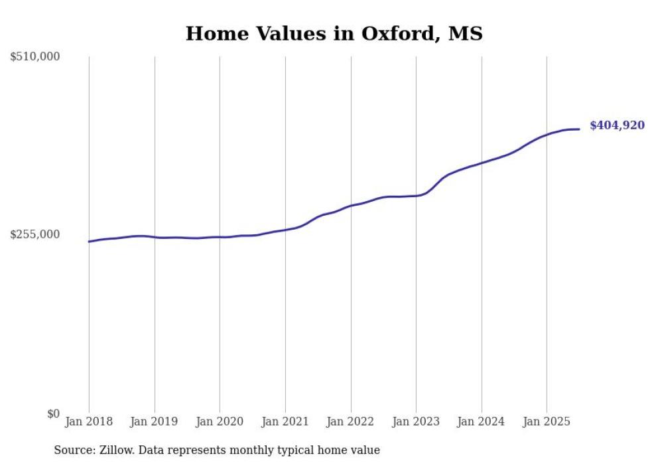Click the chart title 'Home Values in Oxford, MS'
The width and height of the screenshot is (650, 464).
(334, 33)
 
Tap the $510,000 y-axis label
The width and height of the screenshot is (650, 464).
(35, 57)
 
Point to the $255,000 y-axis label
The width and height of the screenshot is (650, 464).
(35, 234)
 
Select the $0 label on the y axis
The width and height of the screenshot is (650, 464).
(53, 414)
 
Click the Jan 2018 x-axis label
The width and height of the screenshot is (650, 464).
(89, 422)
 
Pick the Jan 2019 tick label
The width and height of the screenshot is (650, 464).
(154, 422)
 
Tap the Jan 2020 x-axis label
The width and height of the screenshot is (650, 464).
(220, 422)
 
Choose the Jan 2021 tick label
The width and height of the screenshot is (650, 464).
(285, 422)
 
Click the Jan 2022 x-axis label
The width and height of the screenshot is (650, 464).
(350, 422)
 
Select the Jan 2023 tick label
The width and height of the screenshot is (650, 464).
(416, 422)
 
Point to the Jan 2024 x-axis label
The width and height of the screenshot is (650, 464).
(482, 422)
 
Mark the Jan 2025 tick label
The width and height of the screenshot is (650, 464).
(547, 422)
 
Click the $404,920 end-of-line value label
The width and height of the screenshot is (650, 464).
(617, 125)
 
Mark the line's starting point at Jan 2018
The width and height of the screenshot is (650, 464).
(90, 242)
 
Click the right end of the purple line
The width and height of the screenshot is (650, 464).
(579, 129)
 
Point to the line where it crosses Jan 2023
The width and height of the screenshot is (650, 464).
(416, 196)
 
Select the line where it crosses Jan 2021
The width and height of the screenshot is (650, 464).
(285, 230)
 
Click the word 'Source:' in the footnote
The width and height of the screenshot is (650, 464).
(73, 450)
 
